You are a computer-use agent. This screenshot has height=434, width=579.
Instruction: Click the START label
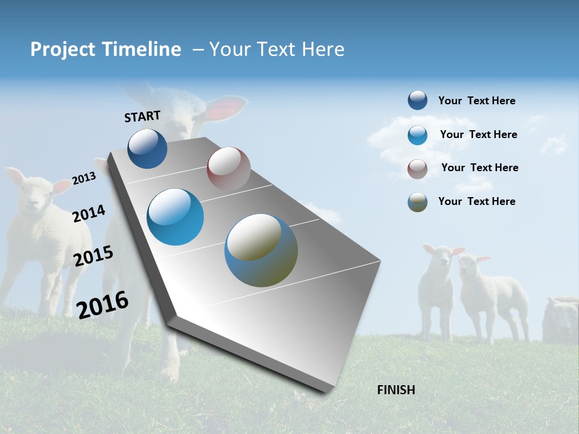[142, 116]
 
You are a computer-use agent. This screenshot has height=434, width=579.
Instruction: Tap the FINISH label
[396, 390]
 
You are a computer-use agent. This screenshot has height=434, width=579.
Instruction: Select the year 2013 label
[84, 178]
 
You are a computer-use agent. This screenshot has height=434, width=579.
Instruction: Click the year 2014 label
[89, 213]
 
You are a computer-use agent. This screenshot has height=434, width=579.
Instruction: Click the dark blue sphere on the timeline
[147, 149]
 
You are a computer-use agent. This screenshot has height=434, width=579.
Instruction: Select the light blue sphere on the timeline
[176, 217]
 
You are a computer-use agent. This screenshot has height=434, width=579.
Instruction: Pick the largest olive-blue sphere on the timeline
[261, 250]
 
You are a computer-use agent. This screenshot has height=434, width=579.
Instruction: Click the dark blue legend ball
[417, 100]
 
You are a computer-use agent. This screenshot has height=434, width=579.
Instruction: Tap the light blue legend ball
[417, 134]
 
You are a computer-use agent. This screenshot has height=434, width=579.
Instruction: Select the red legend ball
[417, 168]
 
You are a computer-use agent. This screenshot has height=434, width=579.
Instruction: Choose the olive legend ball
[417, 202]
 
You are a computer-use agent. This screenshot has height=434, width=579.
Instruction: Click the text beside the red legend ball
[479, 168]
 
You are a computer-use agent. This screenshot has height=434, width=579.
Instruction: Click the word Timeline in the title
[143, 49]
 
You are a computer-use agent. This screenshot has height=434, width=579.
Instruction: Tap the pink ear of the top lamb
[226, 107]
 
